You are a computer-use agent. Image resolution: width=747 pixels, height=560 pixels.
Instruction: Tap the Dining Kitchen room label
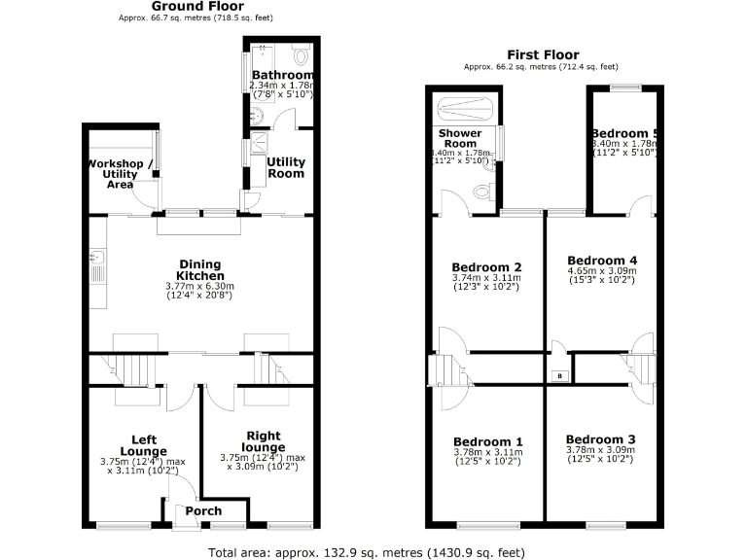pyautogui.click(x=199, y=270)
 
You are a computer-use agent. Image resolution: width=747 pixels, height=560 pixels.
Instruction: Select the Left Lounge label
pyautogui.click(x=143, y=445)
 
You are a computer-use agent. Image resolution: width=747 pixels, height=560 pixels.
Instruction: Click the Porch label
pyautogui.click(x=203, y=510)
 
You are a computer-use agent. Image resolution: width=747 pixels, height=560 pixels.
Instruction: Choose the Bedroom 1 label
pyautogui.click(x=487, y=438)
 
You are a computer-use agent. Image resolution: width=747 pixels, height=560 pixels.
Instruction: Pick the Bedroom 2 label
pyautogui.click(x=487, y=267)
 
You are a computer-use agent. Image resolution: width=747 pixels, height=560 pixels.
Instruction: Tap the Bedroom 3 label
pyautogui.click(x=601, y=437)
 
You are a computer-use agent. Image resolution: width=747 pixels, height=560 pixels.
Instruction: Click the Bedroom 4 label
pyautogui.click(x=602, y=261)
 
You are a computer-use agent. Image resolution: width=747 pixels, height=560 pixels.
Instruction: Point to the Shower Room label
pyautogui.click(x=460, y=138)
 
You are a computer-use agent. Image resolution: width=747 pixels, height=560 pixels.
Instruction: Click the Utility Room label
pyautogui.click(x=286, y=167)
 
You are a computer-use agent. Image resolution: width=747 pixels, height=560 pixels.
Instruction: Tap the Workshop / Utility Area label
pyautogui.click(x=121, y=173)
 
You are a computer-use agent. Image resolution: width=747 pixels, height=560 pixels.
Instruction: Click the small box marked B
pyautogui.click(x=558, y=375)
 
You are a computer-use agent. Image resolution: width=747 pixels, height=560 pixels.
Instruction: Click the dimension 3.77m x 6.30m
pyautogui.click(x=199, y=287)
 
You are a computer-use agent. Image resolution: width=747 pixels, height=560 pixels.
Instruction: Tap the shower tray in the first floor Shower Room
pyautogui.click(x=465, y=107)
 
